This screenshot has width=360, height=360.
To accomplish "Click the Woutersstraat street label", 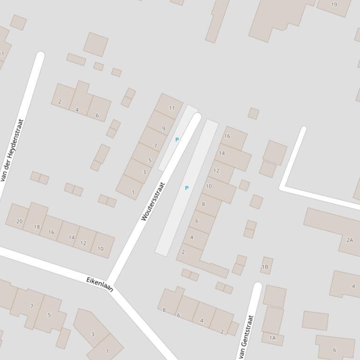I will click(x=153, y=202).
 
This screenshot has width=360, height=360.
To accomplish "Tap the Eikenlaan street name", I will click(x=100, y=284).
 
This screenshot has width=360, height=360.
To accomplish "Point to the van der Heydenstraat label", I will click(x=12, y=150).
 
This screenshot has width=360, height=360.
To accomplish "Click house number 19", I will click(x=334, y=5).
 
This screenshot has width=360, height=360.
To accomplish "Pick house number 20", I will click(x=19, y=221).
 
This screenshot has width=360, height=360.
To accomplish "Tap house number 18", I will click(x=37, y=227).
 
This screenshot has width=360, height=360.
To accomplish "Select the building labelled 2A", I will click(x=350, y=240).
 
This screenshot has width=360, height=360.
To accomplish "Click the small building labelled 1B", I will click(x=265, y=267).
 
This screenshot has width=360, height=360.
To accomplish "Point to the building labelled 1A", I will click(x=272, y=338).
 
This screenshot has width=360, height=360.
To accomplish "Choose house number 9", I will click(x=163, y=129).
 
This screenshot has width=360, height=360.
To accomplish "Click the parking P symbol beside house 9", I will click(x=177, y=139).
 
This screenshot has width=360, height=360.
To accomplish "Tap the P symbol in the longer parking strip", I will click(x=187, y=188).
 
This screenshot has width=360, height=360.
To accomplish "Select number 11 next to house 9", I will click(x=172, y=108).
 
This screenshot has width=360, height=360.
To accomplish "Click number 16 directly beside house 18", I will click(x=51, y=232).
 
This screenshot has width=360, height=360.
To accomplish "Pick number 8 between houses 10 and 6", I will click(x=203, y=204).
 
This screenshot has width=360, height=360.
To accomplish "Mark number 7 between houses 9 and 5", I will click(x=155, y=146).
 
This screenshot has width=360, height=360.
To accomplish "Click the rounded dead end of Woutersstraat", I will click(x=197, y=117).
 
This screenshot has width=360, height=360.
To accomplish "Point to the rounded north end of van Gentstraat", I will click(x=257, y=286).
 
